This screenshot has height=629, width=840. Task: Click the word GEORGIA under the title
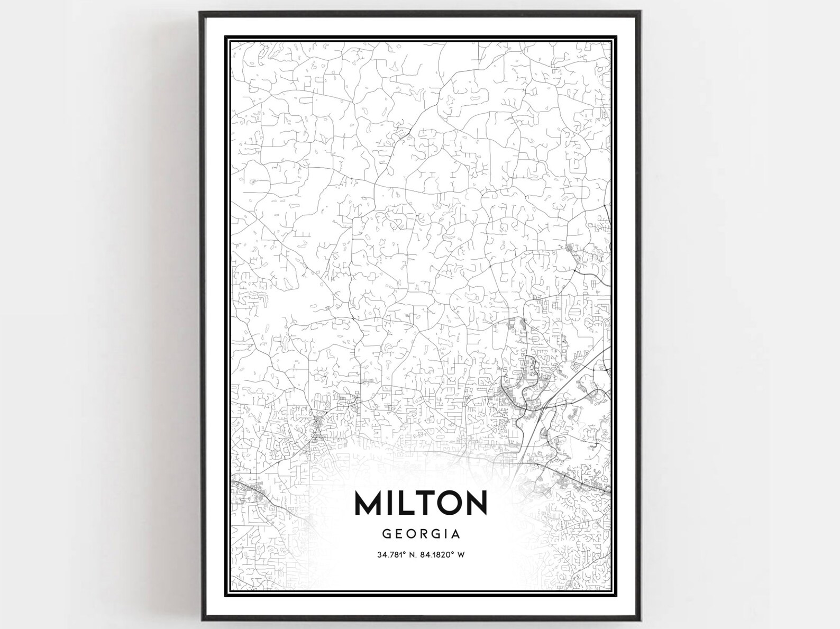(x=421, y=534)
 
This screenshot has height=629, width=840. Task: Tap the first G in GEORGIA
(x=387, y=534)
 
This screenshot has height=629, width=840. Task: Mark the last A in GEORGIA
(x=456, y=534)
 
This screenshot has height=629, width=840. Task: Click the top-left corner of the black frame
(x=200, y=12)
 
